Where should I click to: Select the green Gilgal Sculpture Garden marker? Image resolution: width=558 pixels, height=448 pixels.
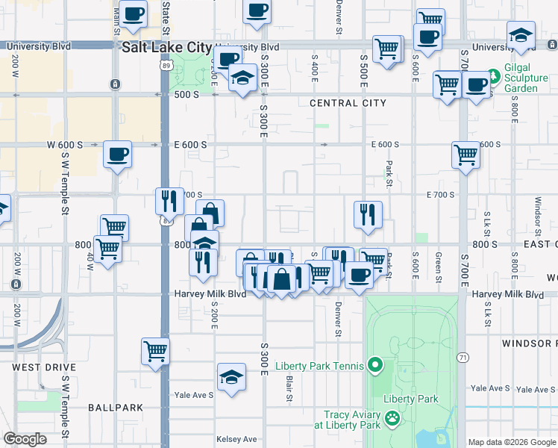492,76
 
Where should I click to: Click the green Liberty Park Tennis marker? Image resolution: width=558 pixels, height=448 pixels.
375,366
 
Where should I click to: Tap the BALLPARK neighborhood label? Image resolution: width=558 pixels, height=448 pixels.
115,408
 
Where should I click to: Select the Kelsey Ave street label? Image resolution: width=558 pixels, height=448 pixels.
236,439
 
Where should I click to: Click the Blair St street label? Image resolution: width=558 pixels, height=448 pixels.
289,389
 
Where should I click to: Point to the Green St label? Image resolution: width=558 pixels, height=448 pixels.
439,266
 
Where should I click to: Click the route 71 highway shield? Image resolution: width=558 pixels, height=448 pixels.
463,358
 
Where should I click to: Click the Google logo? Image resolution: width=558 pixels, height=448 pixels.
25,439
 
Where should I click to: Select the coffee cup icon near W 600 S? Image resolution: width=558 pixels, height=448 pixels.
118,155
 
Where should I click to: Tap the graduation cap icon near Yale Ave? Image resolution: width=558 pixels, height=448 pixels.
232,377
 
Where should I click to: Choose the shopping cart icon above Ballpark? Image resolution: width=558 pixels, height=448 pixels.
155,350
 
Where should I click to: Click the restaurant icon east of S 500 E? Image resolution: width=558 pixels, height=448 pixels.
367,214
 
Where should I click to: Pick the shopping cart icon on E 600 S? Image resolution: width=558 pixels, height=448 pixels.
465,155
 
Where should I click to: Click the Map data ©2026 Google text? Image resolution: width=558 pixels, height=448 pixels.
512,442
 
